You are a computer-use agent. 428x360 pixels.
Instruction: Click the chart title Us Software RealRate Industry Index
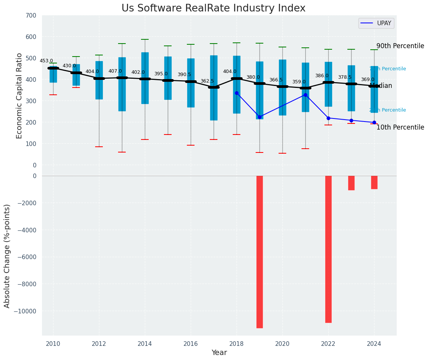[x=213, y=8]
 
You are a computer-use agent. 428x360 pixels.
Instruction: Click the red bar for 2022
[x=328, y=249]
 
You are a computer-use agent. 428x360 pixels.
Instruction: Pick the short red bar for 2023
[x=351, y=183]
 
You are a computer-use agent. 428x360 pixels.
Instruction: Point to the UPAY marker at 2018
[x=237, y=93]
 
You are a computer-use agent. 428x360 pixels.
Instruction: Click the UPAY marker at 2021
[x=305, y=95]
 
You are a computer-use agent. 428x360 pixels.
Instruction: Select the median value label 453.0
[x=46, y=61]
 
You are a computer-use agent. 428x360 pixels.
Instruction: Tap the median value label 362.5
[x=207, y=81]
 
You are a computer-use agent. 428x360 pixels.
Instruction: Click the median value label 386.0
[x=322, y=76]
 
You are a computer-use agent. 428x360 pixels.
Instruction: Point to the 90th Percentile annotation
[x=400, y=46]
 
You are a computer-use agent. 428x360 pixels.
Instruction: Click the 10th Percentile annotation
[x=400, y=127]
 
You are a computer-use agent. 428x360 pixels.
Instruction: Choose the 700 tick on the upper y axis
[x=31, y=15]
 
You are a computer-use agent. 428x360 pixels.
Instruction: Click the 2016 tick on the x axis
[x=191, y=344]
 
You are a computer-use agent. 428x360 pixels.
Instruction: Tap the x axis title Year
[x=219, y=353]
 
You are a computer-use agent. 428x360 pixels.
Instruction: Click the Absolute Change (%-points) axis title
[x=7, y=256]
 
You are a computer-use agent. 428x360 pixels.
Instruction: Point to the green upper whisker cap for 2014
[x=145, y=39]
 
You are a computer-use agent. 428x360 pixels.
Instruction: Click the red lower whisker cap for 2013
[x=122, y=152]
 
